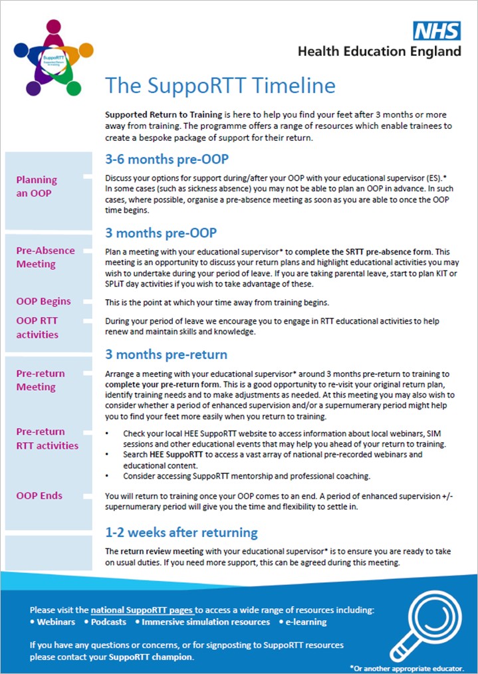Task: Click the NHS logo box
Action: click(437, 31)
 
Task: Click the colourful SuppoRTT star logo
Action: click(53, 58)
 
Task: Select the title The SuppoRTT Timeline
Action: click(220, 86)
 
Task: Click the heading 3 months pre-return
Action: click(166, 354)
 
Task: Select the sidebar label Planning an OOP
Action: click(37, 186)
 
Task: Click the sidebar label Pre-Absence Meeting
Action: click(45, 257)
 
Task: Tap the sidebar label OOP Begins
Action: click(43, 301)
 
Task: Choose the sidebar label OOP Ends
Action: click(39, 495)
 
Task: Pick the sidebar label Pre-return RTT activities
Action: click(47, 438)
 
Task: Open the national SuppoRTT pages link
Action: click(143, 610)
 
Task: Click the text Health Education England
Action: click(379, 51)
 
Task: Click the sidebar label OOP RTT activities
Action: click(37, 327)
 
